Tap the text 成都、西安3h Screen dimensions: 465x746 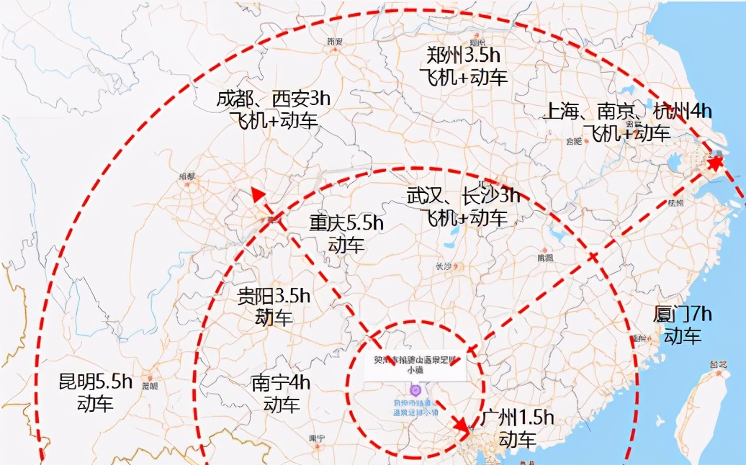(x=273, y=99)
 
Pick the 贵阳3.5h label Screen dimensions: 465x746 (x=274, y=296)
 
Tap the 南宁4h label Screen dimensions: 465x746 (x=281, y=383)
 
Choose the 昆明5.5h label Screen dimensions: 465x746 (x=96, y=382)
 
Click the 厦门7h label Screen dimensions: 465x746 (x=683, y=315)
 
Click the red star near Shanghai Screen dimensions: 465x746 (x=714, y=164)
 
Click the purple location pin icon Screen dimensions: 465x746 (x=415, y=390)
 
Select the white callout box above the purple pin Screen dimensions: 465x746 (x=415, y=366)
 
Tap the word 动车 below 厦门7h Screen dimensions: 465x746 (x=683, y=336)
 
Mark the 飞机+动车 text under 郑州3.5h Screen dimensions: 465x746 (x=464, y=78)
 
